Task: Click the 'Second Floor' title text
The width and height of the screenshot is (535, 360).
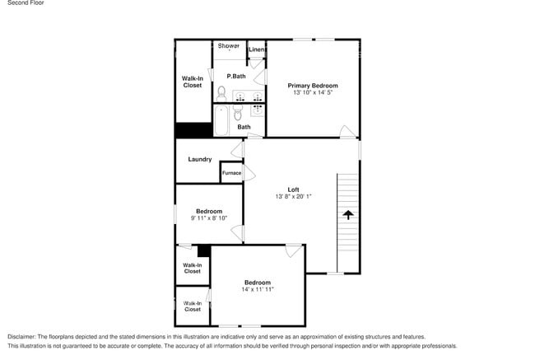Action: [26, 3]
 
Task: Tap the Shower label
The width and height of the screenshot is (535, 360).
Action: [229, 46]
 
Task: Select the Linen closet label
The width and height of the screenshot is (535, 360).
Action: [256, 50]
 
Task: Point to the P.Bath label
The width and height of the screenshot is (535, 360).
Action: [236, 77]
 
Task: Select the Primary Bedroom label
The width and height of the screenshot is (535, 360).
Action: [312, 86]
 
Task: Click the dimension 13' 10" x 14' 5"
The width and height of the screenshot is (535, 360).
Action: [312, 93]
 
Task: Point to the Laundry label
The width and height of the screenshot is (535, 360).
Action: [200, 159]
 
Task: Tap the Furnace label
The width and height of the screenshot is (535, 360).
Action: [231, 173]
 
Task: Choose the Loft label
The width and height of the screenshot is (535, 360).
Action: [293, 190]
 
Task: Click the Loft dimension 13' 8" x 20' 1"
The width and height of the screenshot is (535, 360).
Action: [293, 198]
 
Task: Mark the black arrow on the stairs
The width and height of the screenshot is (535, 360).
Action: [347, 215]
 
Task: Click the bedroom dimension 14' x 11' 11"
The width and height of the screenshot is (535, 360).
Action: [257, 290]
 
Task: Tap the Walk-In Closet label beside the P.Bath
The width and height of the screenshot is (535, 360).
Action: [192, 82]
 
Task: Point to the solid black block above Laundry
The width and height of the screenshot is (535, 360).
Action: [193, 131]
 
